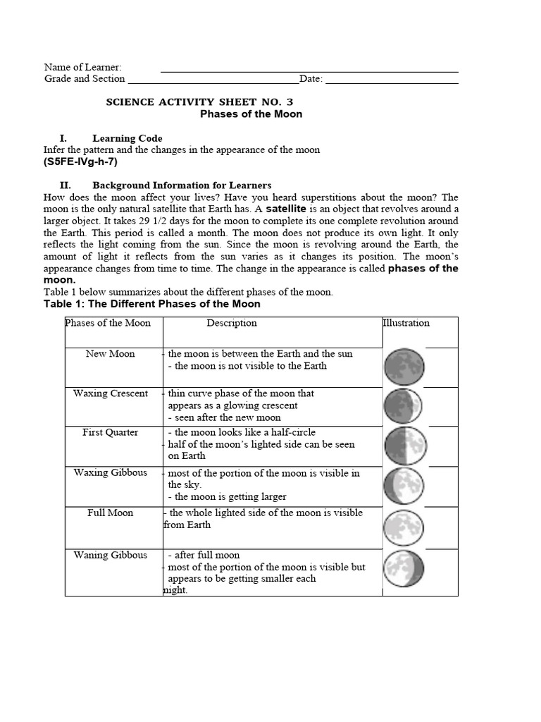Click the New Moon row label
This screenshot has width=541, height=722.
tap(111, 353)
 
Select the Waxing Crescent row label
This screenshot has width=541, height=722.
tap(111, 393)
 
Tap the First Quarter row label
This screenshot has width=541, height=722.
tap(111, 432)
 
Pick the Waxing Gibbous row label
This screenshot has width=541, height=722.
tap(111, 472)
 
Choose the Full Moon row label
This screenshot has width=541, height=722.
tap(111, 513)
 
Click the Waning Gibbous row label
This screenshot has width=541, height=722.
tap(111, 555)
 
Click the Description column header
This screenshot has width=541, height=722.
tap(232, 323)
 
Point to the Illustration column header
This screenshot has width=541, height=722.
tap(406, 323)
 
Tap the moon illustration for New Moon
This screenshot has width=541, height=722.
tap(402, 367)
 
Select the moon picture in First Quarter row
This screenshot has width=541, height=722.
tap(402, 446)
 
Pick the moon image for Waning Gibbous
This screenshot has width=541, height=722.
tap(402, 567)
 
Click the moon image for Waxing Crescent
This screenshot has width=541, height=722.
tap(402, 407)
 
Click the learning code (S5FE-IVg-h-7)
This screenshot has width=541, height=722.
tap(81, 161)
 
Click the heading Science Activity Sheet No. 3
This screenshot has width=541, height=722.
tap(199, 102)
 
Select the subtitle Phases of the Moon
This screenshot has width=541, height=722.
tap(251, 114)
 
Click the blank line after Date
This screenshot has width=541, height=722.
tap(391, 79)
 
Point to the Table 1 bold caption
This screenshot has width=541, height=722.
tap(152, 304)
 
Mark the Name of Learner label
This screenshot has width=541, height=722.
tap(83, 67)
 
